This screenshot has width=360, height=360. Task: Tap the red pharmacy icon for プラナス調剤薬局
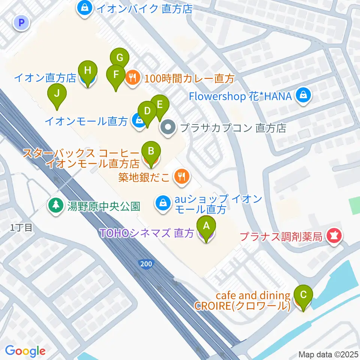[333, 236]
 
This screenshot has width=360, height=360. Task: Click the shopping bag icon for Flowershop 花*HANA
[302, 96]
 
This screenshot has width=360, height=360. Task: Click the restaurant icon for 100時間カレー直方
[132, 78]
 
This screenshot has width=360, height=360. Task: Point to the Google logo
[25, 351]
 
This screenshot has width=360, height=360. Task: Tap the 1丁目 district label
[21, 227]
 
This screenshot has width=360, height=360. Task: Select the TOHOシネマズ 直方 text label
[147, 233]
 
